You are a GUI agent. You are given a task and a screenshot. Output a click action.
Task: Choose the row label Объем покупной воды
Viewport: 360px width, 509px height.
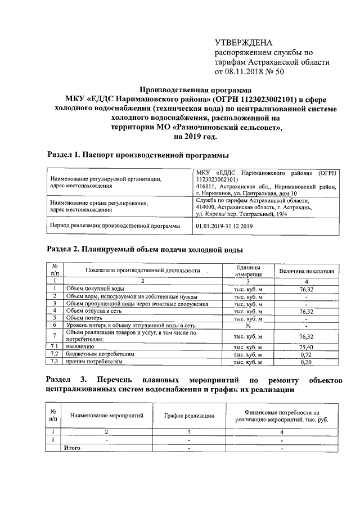point(92,288)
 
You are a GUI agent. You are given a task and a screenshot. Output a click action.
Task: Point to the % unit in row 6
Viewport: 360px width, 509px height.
point(247,325)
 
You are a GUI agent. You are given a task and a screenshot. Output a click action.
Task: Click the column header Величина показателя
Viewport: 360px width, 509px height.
point(307,271)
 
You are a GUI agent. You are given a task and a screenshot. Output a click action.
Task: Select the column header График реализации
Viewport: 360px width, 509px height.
point(190,416)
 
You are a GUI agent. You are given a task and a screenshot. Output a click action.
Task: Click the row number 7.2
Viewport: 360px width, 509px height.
point(55,355)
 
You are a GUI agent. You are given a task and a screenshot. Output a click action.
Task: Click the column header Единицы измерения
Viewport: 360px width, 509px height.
point(247,271)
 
